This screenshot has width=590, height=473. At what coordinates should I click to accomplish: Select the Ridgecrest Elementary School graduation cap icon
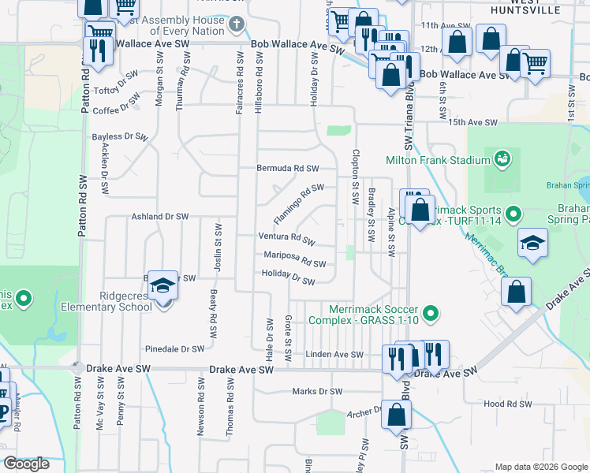163,285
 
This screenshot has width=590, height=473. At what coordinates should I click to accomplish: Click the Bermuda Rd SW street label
288,169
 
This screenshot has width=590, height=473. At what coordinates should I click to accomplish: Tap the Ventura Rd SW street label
287,237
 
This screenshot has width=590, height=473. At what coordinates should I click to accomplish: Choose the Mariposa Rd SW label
294,259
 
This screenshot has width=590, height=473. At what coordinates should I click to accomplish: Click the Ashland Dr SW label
160,216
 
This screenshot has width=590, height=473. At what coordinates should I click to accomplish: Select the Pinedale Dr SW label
175,348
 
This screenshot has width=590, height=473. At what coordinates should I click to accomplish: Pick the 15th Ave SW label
473,123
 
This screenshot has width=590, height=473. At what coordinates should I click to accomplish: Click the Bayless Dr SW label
120,136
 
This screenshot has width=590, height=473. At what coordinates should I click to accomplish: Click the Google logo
26,464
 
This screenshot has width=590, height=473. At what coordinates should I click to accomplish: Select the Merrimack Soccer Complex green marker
431,315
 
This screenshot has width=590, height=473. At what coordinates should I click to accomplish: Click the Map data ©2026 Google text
540,467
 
